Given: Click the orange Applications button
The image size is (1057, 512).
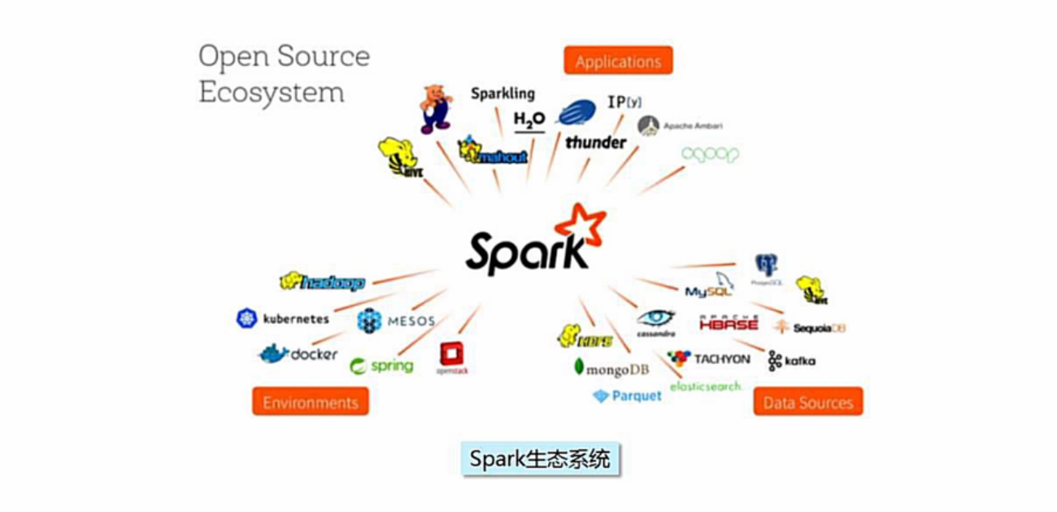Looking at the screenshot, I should click(618, 62).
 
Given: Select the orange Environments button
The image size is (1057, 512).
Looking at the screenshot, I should click(310, 402).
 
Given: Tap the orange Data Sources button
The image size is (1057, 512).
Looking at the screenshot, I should click(807, 402).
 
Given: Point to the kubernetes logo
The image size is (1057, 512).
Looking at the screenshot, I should click(283, 318).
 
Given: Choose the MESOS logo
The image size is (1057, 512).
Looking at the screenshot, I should click(396, 321).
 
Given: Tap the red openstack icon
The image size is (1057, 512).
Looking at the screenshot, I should click(452, 356).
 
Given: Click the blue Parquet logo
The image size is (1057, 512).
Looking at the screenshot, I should click(627, 396).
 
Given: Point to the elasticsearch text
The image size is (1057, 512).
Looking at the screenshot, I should click(706, 386).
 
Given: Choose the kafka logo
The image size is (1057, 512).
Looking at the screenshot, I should click(791, 361).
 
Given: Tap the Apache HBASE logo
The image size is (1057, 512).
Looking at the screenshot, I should click(729, 322).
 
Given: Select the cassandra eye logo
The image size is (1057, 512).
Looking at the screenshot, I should click(655, 319).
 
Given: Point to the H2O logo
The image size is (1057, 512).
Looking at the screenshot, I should click(528, 120).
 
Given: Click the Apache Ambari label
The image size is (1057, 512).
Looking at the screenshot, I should click(681, 125).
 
